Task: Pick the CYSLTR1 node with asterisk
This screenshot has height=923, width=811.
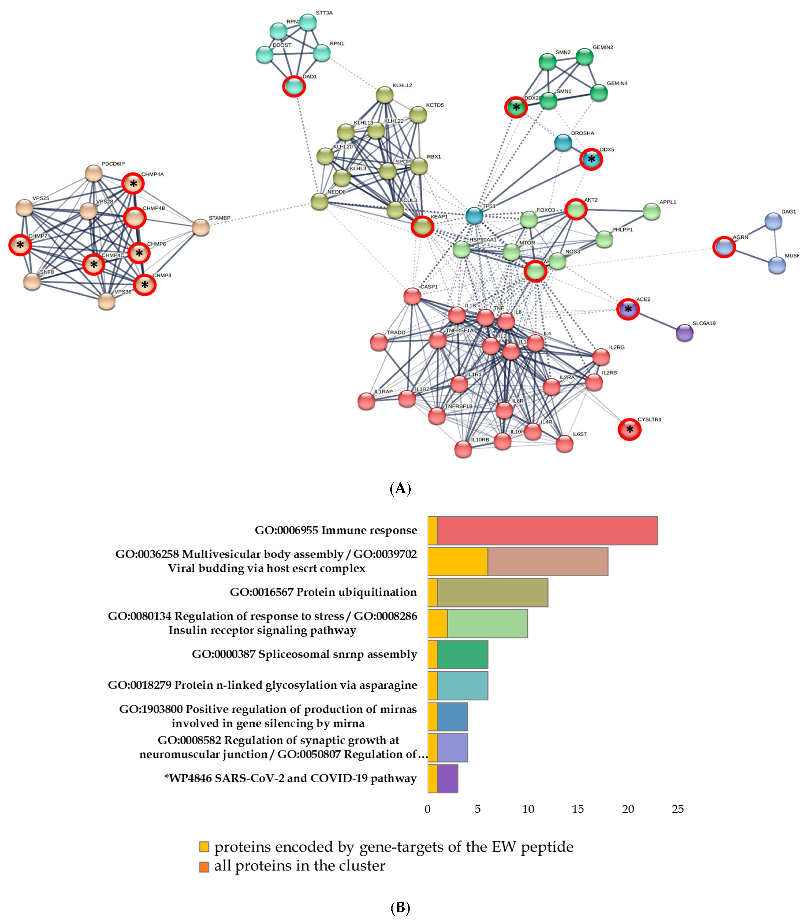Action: click(629, 429)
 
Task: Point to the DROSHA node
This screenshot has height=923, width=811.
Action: click(563, 143)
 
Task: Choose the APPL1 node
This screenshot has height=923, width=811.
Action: click(651, 211)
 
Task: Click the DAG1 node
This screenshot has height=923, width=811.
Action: click(773, 221)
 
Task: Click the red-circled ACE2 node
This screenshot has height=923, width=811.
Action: click(628, 309)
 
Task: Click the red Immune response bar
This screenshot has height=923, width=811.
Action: click(547, 531)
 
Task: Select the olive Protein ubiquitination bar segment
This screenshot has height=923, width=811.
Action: click(492, 593)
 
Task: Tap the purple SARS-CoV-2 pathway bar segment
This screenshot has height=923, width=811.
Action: click(447, 779)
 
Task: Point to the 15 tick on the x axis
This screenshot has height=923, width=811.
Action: click(578, 809)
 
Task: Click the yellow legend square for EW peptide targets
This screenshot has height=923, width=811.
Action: click(204, 847)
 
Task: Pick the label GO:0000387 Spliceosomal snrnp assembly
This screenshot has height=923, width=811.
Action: click(304, 654)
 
